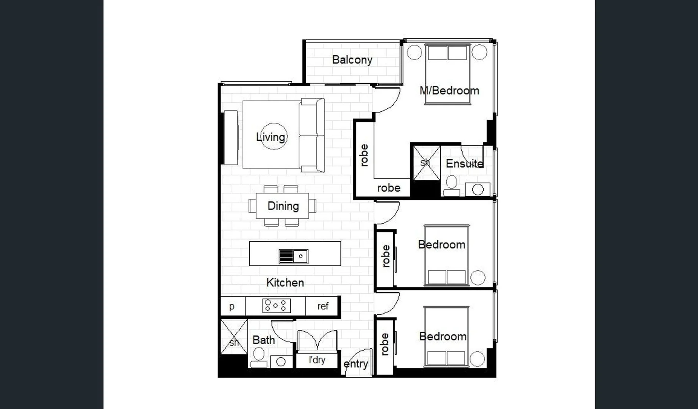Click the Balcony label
[x=352, y=60]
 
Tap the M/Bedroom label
[x=449, y=91]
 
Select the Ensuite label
[x=464, y=164]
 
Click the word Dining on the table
[x=283, y=206]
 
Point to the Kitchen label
[x=285, y=283]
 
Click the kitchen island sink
[x=293, y=256]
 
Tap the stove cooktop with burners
[x=276, y=306]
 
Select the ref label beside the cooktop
[x=323, y=306]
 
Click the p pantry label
[x=232, y=306]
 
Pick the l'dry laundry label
[x=317, y=360]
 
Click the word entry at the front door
[x=355, y=364]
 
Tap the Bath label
[x=263, y=340]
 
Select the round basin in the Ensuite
[x=478, y=189]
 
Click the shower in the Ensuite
[x=426, y=163]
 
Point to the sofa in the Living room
[x=311, y=135]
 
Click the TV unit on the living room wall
[x=231, y=137]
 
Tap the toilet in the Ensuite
[x=451, y=186]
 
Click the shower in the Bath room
[x=234, y=337]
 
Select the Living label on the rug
[x=271, y=137]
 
